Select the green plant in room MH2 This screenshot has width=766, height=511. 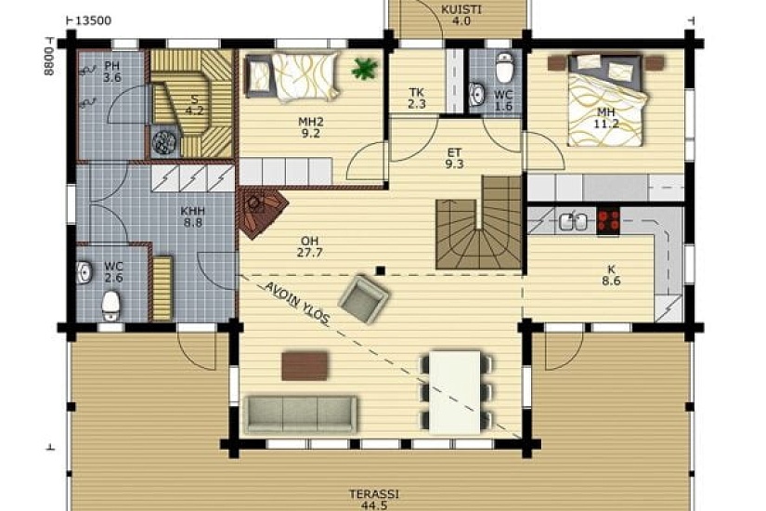[x=365, y=68]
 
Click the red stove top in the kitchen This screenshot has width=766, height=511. [x=608, y=220]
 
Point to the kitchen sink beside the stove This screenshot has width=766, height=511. [x=574, y=221]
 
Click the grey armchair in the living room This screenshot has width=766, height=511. [x=363, y=299]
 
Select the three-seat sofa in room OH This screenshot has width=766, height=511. [x=301, y=414]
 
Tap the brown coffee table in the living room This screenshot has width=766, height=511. [x=305, y=366]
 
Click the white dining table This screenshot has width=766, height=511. [x=456, y=392]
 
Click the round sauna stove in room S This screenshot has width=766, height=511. [x=164, y=141]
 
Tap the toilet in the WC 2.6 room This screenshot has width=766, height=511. [x=110, y=306]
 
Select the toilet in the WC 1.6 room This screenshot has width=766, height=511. [x=504, y=68]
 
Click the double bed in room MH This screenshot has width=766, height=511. [x=605, y=100]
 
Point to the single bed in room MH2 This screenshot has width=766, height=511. [x=292, y=77]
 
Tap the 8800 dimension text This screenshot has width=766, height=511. [x=48, y=61]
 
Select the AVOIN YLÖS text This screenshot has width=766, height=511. [x=297, y=303]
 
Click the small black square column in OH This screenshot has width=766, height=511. [x=381, y=270]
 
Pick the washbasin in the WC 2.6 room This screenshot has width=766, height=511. [x=84, y=272]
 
